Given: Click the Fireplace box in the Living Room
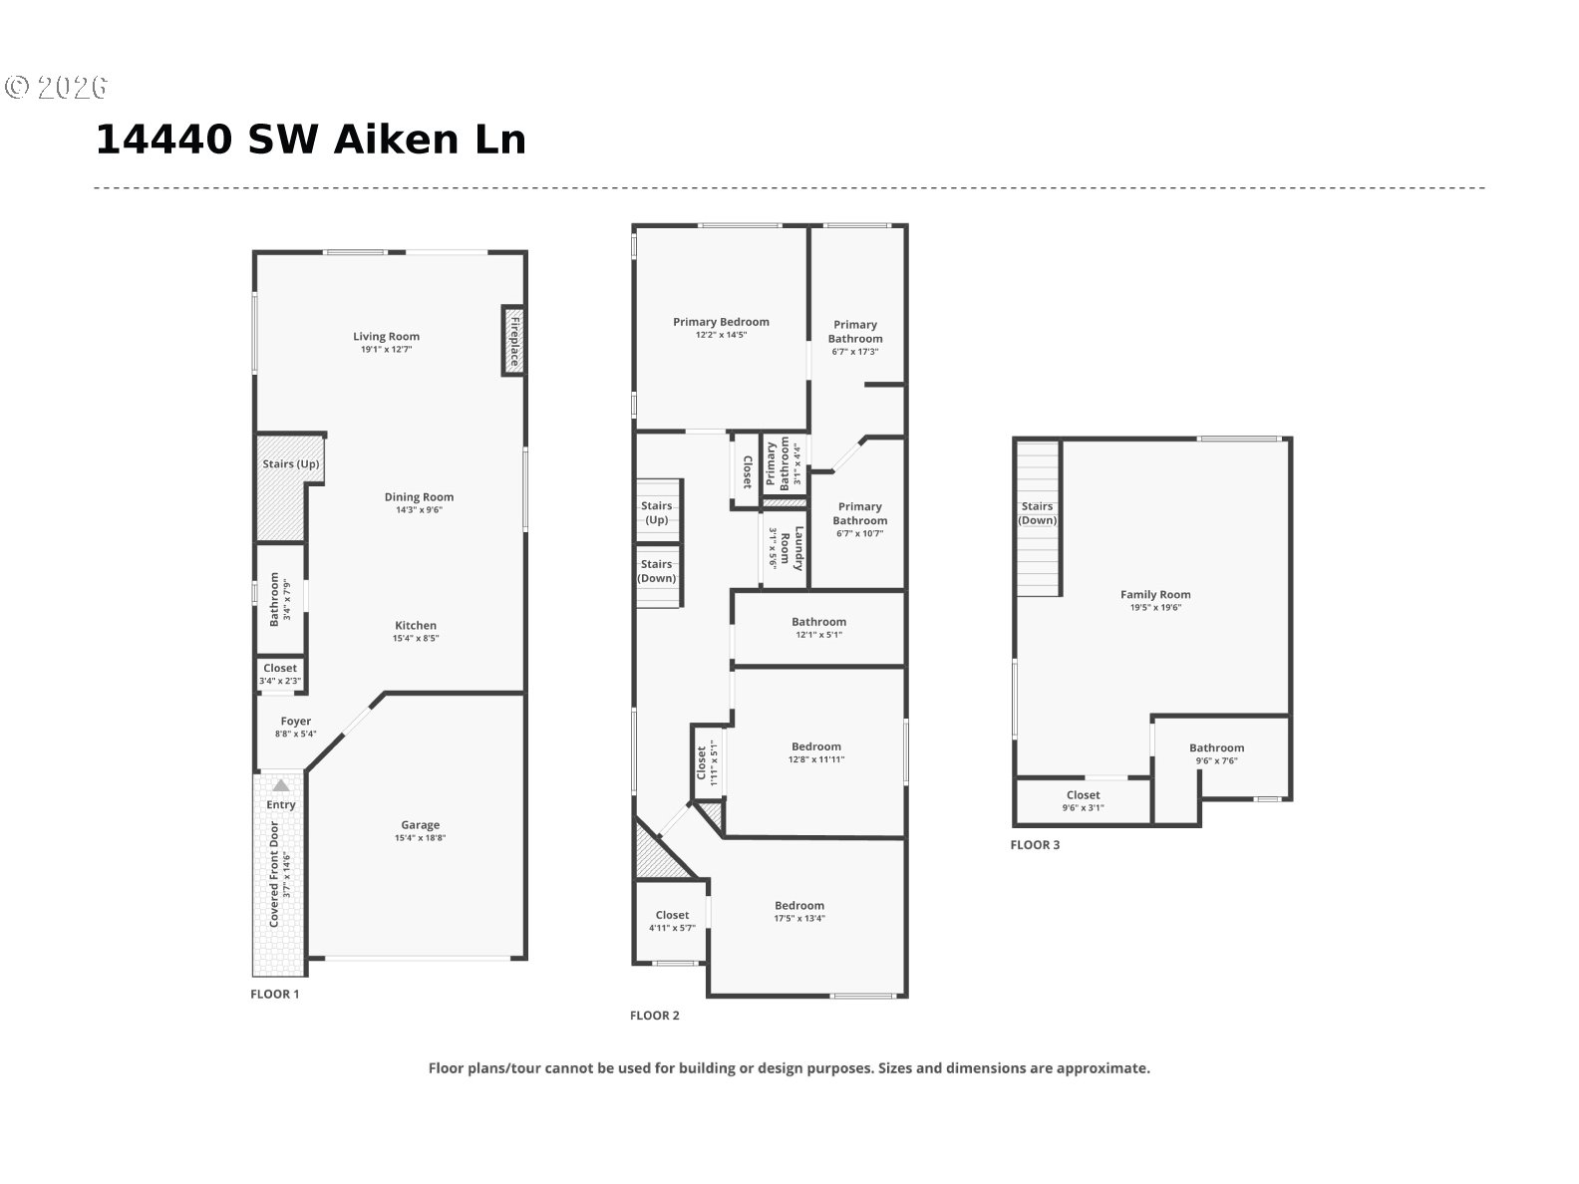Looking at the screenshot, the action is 513,341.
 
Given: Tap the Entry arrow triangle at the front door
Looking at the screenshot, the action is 281,785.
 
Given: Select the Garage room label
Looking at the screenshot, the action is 420,824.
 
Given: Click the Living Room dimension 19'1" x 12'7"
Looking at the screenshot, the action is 387,350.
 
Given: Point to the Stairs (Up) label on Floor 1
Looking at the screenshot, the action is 291,463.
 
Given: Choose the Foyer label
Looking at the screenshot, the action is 296,721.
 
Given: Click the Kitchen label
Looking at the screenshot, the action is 416,626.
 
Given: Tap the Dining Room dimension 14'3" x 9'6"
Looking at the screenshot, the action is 419,509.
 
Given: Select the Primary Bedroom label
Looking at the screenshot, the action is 721,322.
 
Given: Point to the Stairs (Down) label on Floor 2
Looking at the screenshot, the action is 657,571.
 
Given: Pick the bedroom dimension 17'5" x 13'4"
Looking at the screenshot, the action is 799,918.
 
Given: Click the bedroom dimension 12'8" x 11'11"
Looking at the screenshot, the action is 815,759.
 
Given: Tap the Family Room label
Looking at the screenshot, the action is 1155,595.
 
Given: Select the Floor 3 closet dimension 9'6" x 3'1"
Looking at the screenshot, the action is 1083,807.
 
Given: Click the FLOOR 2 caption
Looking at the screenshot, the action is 655,1015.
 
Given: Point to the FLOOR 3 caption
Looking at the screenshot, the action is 1035,845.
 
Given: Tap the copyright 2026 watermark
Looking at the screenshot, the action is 56,87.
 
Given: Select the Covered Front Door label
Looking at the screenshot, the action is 273,873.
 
